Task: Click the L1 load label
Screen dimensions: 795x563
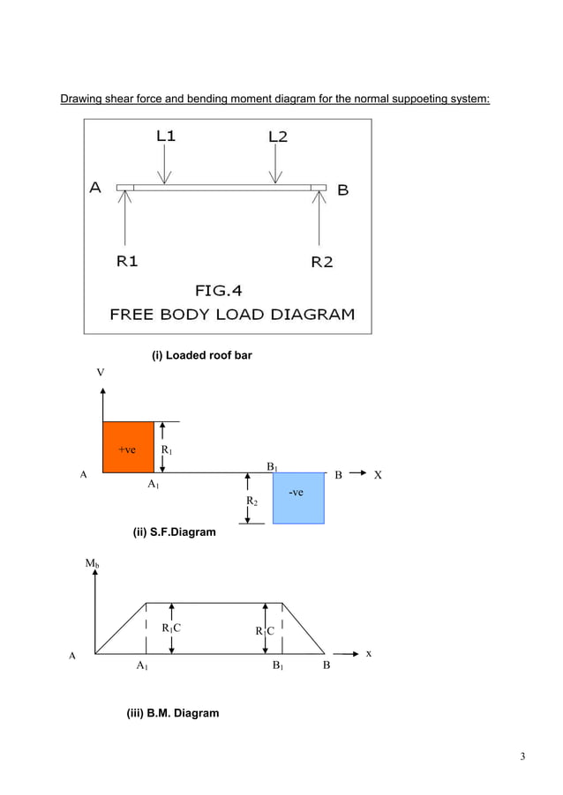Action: (166, 137)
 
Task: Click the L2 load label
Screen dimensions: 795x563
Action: (277, 137)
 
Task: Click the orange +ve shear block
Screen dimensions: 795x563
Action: (129, 448)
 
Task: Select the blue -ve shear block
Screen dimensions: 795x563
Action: (298, 498)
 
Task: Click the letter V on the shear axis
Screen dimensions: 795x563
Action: (101, 373)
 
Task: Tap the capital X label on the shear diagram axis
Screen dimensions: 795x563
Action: (378, 475)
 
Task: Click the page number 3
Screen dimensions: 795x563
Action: (522, 756)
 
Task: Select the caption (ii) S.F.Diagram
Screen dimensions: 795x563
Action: (174, 532)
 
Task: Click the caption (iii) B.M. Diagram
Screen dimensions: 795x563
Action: (173, 712)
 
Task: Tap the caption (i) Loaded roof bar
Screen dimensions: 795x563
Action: (202, 355)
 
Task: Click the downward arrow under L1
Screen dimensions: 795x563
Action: (165, 163)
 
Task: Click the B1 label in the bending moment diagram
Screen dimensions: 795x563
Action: (278, 667)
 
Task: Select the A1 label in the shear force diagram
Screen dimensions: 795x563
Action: (153, 485)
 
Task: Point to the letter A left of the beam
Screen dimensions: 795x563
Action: (95, 187)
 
